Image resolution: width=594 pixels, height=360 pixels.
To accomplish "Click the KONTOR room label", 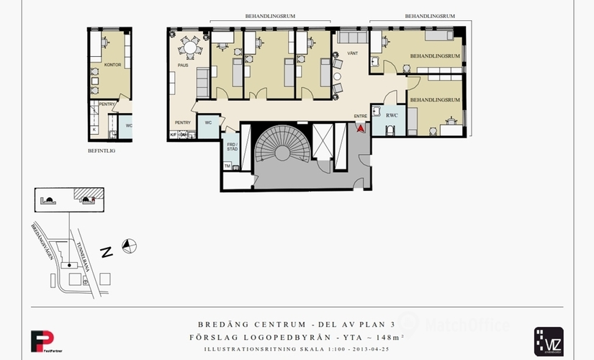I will point(112,65).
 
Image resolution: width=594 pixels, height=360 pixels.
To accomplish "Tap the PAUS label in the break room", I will point(183,66).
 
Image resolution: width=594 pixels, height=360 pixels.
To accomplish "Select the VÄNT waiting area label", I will point(352,53).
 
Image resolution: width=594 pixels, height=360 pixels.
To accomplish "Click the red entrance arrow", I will point(361,128).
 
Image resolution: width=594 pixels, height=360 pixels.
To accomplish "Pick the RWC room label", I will point(392,115).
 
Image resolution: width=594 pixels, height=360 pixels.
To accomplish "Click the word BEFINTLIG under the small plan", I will point(102,151).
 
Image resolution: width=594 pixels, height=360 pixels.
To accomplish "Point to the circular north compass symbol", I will point(129,246).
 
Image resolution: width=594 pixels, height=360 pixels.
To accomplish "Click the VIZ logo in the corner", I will point(548,340).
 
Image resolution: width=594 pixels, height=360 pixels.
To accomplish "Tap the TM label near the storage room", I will point(228,166).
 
